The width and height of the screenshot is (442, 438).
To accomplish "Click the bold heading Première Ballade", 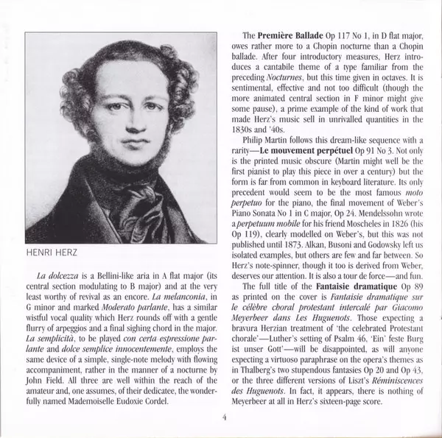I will click(x=284, y=35).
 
